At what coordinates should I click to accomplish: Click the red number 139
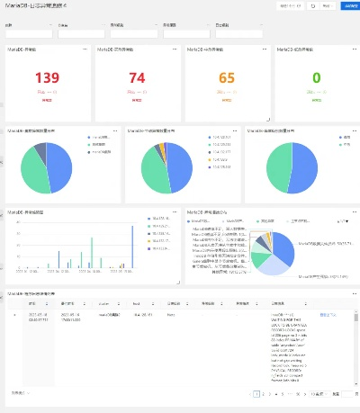47,79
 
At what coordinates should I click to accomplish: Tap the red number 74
137,79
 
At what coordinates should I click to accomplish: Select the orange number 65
226,79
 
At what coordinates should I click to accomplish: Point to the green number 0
316,79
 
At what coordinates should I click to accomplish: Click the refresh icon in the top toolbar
313,5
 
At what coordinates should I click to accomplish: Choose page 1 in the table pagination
256,394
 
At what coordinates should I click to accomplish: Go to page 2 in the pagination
266,394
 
